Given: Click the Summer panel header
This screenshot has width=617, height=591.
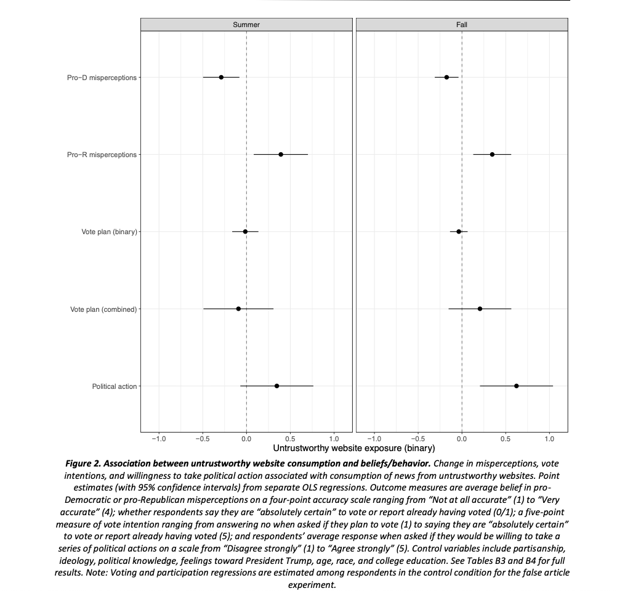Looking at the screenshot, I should [x=246, y=25].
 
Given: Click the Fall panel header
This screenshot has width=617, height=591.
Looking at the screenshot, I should [x=462, y=25].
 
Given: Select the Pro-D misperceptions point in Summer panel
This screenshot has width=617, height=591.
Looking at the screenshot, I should [x=221, y=77].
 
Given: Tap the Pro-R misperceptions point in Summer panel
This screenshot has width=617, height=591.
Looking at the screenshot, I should [x=281, y=154].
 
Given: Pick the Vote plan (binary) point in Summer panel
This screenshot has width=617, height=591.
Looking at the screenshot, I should [x=245, y=232].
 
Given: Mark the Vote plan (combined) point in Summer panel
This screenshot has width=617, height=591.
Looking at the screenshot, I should [x=238, y=309].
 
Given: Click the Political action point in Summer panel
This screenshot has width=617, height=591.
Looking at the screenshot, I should [x=276, y=386].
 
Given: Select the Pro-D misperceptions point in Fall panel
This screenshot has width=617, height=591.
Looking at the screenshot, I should [x=446, y=77].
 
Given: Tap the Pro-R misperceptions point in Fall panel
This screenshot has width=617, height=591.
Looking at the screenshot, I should [x=492, y=154].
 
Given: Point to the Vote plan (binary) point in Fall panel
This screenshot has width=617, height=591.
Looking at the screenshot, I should [x=459, y=232].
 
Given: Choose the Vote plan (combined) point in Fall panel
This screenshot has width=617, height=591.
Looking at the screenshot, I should [x=480, y=309].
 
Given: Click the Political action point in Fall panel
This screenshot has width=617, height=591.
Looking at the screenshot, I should [x=516, y=386].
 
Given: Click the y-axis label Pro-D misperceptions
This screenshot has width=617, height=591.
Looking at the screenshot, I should [x=102, y=78].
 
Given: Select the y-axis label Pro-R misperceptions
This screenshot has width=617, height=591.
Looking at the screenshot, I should [x=102, y=155].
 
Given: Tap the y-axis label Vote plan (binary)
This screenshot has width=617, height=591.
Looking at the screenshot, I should [x=109, y=232].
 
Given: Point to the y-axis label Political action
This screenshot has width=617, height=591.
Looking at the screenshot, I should [x=115, y=386].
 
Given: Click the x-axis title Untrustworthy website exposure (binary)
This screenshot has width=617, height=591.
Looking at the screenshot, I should [x=353, y=448].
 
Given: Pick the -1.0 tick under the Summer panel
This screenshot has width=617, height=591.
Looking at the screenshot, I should [x=159, y=439].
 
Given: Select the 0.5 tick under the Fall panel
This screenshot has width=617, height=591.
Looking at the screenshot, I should [x=506, y=439].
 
